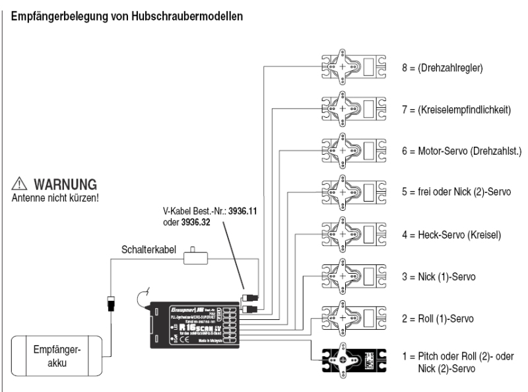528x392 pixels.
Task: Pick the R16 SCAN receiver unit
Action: (192, 325)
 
